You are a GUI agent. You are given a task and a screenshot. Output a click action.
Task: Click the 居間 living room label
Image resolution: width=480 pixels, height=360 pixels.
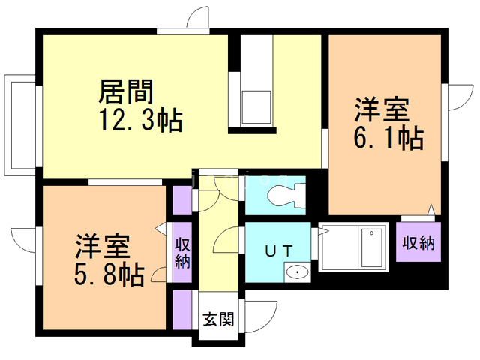coord(126,93)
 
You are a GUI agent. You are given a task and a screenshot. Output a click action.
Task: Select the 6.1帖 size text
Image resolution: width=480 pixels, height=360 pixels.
coord(388,138)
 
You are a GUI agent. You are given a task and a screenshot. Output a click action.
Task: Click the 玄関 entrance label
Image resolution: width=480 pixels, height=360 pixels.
coord(218,319)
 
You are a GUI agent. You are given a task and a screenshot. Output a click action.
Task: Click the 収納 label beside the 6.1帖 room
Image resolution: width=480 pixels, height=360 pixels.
coord(418,242)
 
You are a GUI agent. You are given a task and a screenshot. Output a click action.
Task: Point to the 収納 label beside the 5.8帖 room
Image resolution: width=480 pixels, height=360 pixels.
coord(182,253)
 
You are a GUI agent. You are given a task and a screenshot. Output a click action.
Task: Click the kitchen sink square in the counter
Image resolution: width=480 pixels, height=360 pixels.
coord(257,104)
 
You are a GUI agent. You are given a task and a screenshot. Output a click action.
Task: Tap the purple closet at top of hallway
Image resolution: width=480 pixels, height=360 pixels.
coord(182,199)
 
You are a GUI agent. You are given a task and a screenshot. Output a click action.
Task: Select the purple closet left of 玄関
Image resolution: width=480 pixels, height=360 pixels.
coord(182,307)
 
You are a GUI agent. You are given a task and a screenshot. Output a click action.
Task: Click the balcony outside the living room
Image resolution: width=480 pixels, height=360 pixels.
coord(19,123)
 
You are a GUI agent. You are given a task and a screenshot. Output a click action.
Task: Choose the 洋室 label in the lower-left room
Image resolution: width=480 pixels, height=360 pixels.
coord(102,247)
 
